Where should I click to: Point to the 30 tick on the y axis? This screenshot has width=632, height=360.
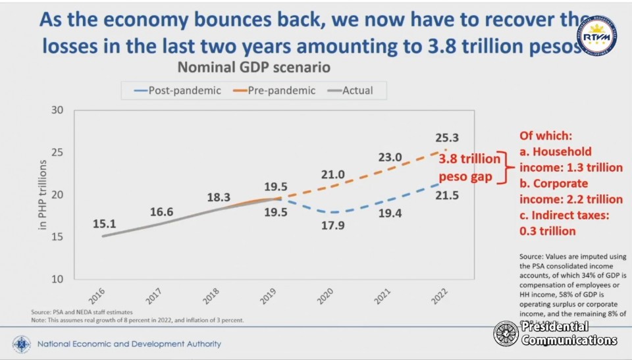pos(57,110)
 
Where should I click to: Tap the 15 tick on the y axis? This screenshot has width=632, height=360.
pos(57,237)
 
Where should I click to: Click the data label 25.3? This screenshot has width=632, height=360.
pos(446,138)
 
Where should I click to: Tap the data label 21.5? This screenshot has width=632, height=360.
pos(446,195)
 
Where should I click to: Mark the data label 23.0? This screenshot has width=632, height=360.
pos(390,157)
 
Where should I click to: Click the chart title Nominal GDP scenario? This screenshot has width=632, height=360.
pos(253,67)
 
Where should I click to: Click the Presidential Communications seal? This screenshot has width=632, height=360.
pos(506,334)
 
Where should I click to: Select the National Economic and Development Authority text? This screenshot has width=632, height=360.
pos(129,344)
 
